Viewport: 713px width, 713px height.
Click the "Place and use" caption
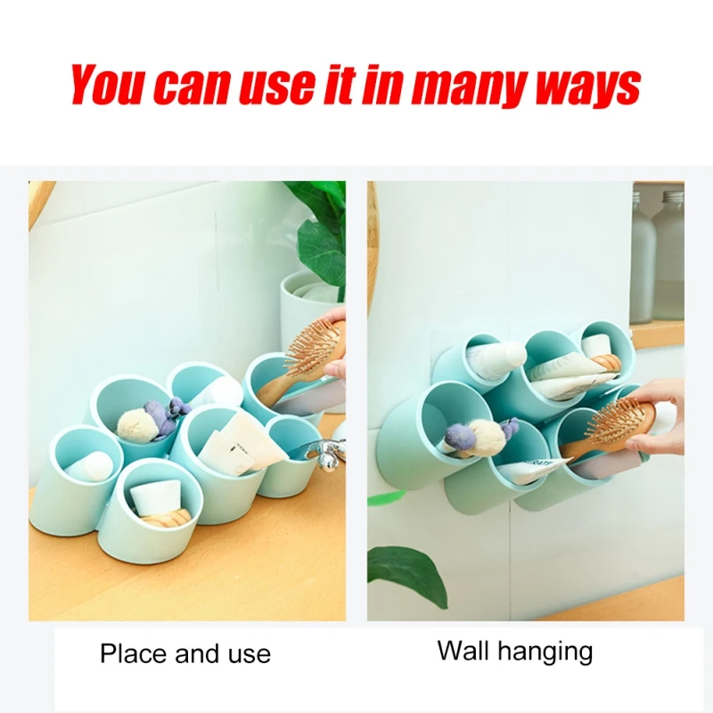[184, 654]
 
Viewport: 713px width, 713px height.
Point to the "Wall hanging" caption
[514, 651]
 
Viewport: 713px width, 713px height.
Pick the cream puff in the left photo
[135, 422]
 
